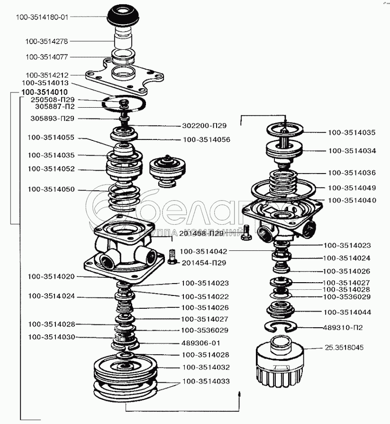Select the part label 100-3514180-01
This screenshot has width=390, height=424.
click(42, 17)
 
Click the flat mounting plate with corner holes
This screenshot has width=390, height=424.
click(124, 76)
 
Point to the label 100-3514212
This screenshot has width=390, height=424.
click(47, 75)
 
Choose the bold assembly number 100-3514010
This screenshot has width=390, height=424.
click(45, 92)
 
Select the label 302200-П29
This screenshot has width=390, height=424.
click(204, 126)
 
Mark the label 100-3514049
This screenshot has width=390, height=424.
click(351, 187)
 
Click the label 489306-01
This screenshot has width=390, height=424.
click(200, 342)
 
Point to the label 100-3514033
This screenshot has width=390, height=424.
click(206, 380)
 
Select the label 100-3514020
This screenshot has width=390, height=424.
click(51, 276)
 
